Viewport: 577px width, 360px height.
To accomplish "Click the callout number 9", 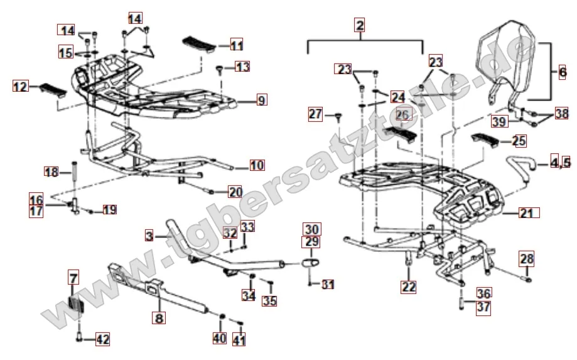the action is pos(261,100).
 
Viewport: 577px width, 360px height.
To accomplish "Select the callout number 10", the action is pos(257,165).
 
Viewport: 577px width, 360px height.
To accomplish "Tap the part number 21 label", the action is pos(529,213).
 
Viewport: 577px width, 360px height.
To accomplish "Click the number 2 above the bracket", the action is pos(360,25).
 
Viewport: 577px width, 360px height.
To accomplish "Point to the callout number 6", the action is pos(563,72).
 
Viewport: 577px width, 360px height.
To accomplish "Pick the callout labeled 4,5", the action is pos(560,162).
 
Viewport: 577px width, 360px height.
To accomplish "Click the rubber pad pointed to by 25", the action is pos(486,140).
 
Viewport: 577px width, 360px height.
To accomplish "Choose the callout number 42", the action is pos(102,339).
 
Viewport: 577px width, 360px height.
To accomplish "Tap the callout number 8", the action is pos(159,318).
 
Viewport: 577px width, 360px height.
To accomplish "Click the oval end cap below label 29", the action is pos(311,263).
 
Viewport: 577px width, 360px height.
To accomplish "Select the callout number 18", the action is pos(51,172).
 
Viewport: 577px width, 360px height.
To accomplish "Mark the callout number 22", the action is pos(409,286).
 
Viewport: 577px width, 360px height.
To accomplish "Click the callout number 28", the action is pos(526,258).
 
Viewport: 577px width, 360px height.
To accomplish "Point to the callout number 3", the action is pos(149,236).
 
